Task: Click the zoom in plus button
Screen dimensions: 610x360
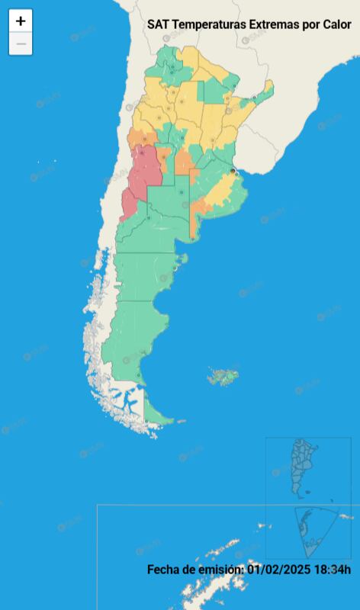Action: pyautogui.click(x=21, y=21)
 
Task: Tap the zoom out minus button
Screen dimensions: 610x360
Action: pyautogui.click(x=21, y=44)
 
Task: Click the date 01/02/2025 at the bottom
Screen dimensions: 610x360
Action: pyautogui.click(x=279, y=569)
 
